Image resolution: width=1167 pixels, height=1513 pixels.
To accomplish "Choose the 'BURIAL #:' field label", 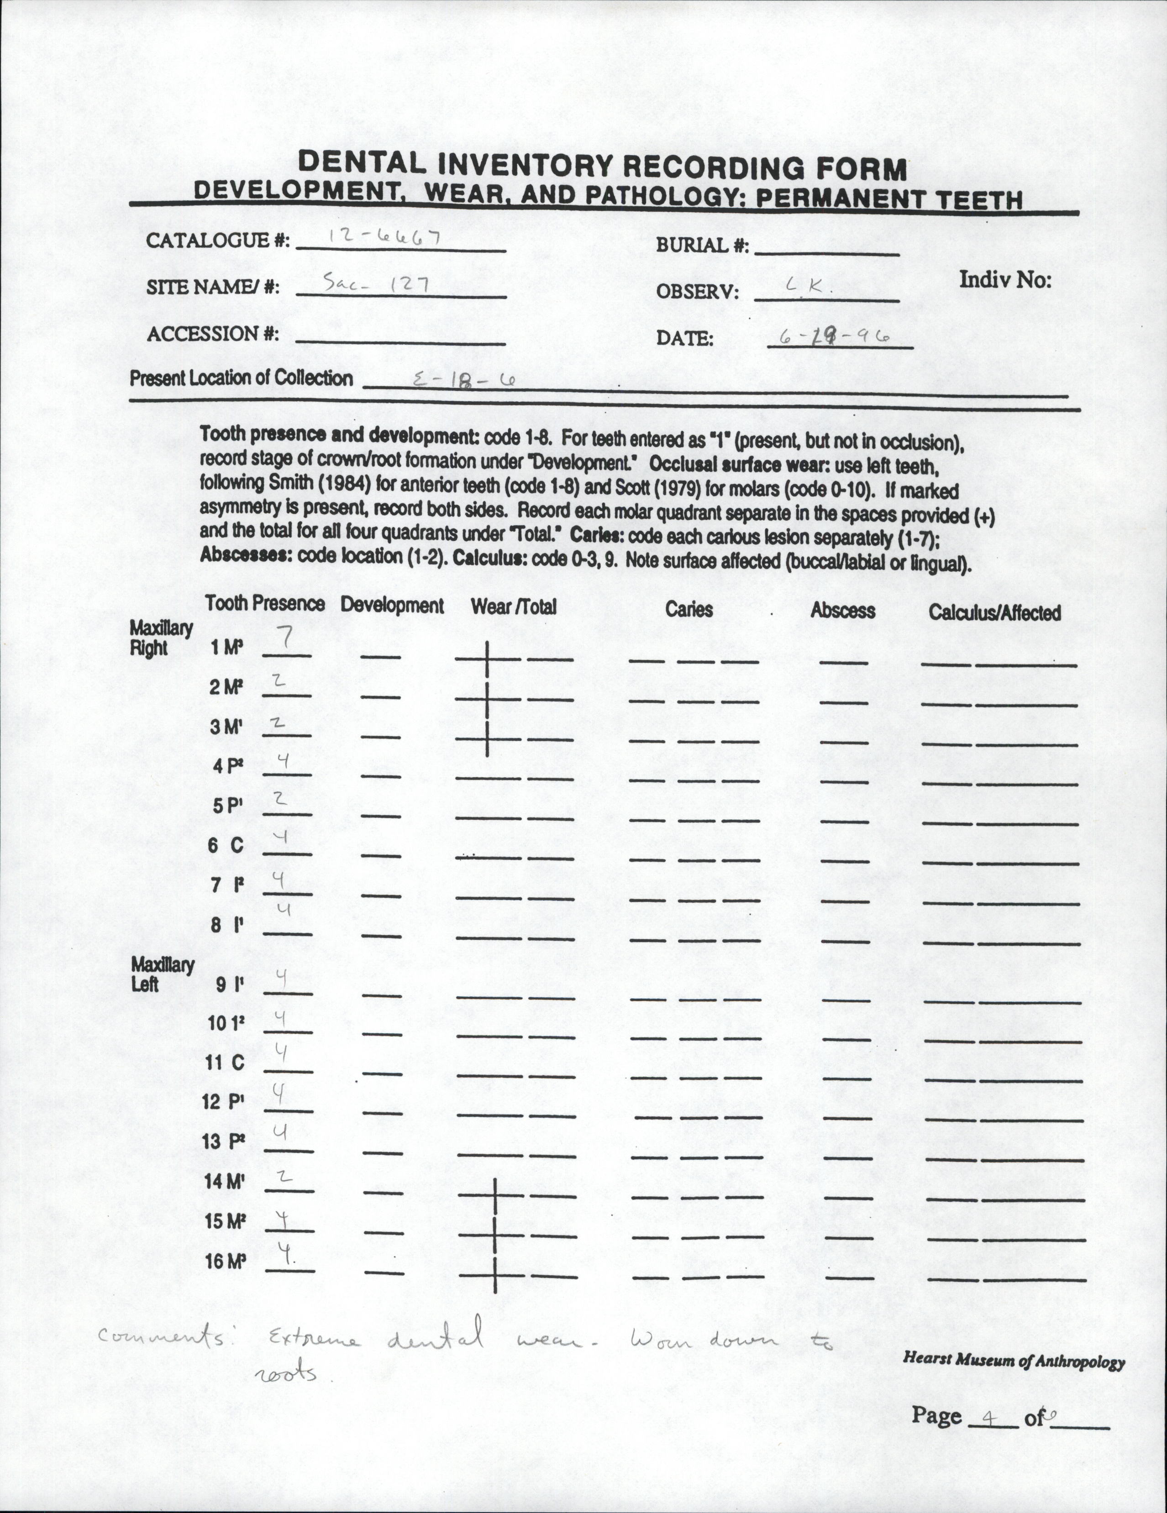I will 702,245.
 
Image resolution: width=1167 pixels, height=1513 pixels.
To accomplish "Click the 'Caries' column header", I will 689,609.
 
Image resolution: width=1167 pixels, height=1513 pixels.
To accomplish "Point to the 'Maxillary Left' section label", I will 162,974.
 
